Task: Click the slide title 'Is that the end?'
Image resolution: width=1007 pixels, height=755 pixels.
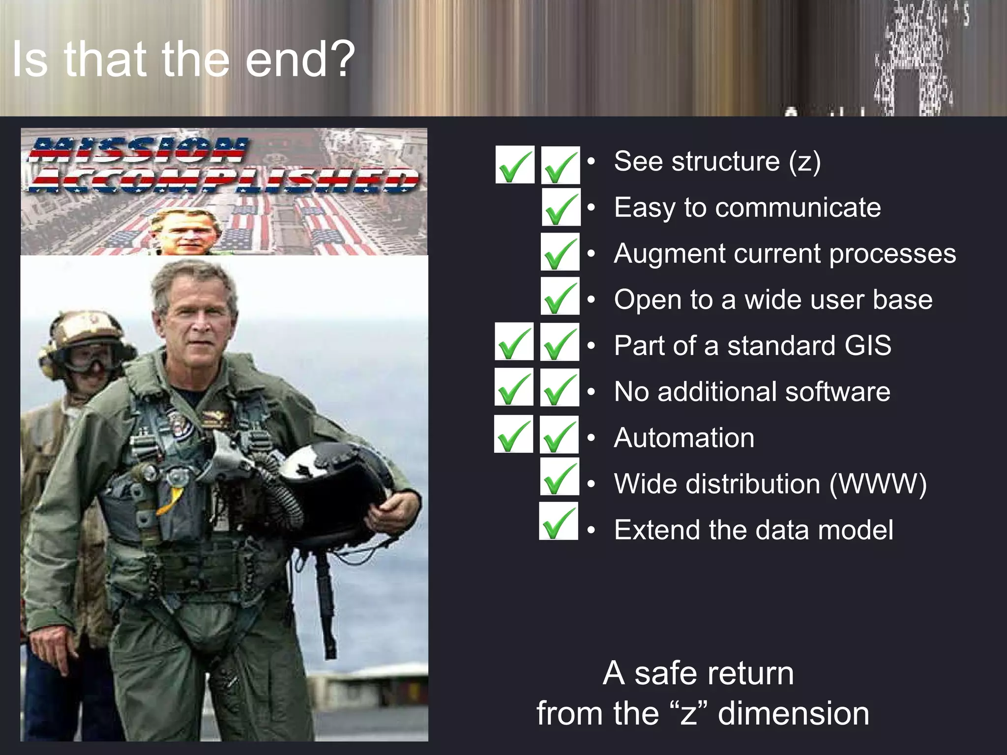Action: [183, 59]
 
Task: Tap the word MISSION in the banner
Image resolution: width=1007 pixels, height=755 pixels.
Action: [138, 150]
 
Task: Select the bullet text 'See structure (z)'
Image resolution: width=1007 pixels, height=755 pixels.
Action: [717, 161]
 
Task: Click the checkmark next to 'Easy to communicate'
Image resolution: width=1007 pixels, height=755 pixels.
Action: [561, 207]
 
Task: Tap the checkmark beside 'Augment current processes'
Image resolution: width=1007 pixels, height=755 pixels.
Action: [560, 252]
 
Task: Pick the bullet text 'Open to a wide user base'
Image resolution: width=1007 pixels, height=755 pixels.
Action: [773, 299]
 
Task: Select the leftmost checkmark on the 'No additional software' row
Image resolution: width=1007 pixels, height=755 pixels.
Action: [514, 388]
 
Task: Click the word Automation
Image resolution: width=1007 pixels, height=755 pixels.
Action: [684, 437]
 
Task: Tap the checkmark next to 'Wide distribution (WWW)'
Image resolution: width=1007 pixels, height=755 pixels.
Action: [560, 477]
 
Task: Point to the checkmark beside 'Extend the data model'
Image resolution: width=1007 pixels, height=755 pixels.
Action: [559, 522]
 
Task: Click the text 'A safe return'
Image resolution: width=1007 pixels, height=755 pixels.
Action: [698, 673]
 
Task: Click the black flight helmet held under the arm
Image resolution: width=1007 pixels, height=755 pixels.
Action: [334, 487]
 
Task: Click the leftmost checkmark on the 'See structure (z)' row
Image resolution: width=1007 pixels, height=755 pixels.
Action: [515, 165]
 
